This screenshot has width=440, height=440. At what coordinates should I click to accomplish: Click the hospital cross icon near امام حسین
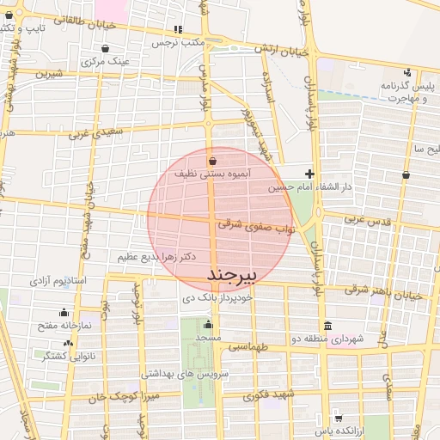point(310,174)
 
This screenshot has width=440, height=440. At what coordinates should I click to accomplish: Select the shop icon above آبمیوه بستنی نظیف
point(212,161)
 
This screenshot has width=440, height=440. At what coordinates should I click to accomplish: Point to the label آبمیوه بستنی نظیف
point(212,174)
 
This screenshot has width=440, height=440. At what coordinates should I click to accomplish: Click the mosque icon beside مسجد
point(208,325)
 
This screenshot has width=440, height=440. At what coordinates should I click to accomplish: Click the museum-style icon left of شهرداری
point(327,326)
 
